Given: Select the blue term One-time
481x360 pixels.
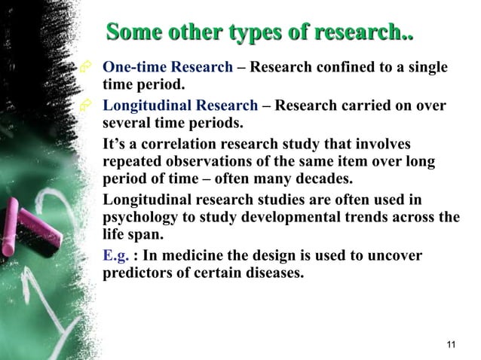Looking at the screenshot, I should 133,68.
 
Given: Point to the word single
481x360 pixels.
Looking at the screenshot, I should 426,68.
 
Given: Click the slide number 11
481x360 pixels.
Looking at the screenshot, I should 451,345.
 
